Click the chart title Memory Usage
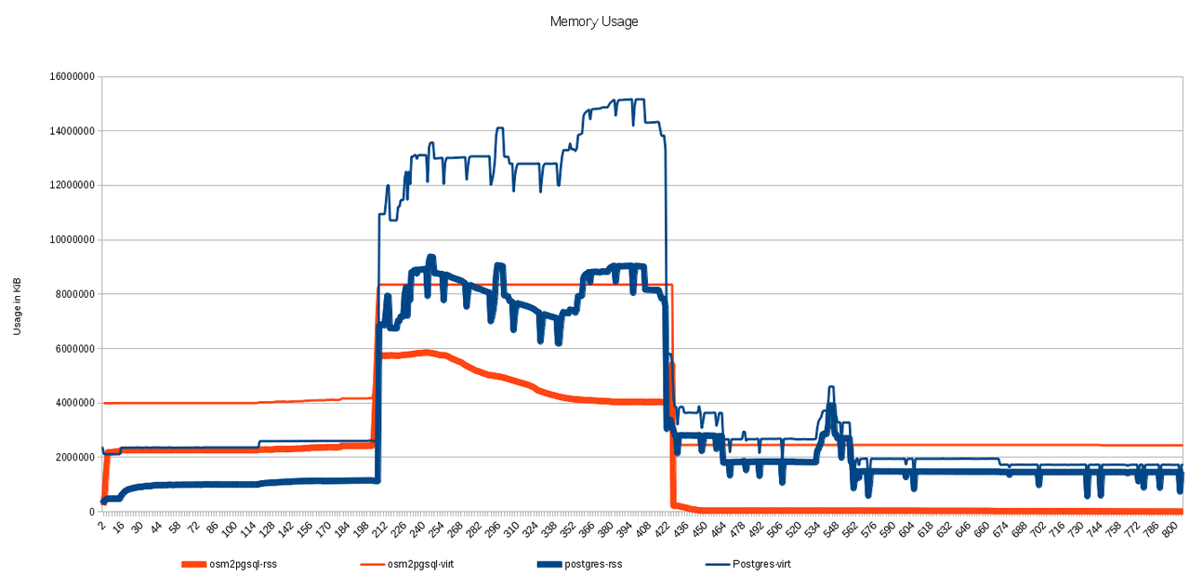pyautogui.click(x=594, y=21)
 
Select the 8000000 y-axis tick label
pyautogui.click(x=72, y=294)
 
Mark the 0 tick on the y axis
pyautogui.click(x=90, y=512)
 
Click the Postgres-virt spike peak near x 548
pyautogui.click(x=830, y=387)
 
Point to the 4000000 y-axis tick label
pyautogui.click(x=72, y=403)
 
